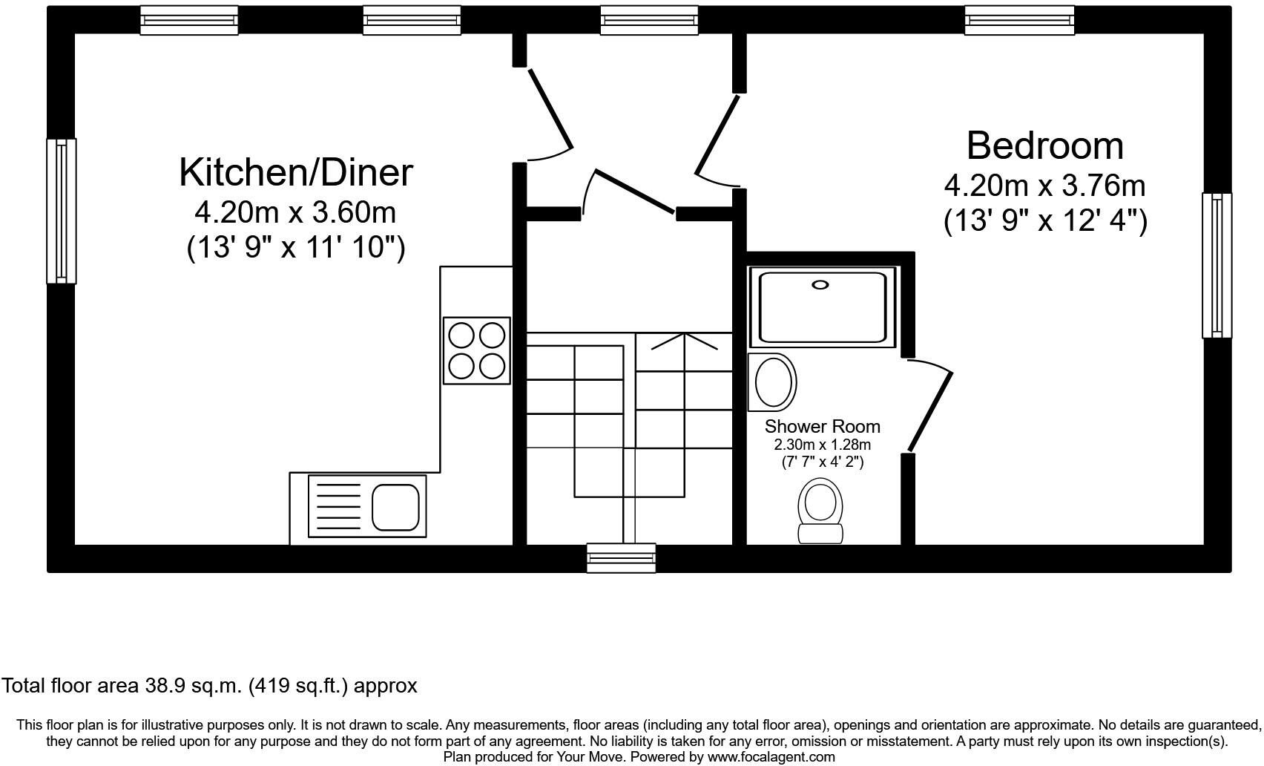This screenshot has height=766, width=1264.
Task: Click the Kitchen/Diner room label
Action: (x=295, y=172)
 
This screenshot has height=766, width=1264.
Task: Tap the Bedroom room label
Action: (x=1044, y=145)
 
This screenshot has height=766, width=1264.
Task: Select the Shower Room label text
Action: (x=822, y=426)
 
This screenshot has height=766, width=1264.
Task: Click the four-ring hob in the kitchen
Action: (x=476, y=350)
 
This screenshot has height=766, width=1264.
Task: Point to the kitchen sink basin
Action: (x=395, y=506)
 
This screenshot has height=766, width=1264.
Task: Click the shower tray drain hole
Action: (x=820, y=284)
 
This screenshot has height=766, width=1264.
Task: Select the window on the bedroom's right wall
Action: (x=1217, y=265)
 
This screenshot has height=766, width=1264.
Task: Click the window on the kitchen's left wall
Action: (x=61, y=211)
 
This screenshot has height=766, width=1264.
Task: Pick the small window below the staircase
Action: (x=621, y=557)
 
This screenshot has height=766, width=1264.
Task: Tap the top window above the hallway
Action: (x=648, y=20)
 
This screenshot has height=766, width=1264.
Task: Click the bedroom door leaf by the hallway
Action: (x=717, y=134)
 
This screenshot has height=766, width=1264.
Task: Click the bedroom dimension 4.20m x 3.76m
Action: (x=1044, y=186)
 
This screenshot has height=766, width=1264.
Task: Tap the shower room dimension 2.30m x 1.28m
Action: (x=822, y=445)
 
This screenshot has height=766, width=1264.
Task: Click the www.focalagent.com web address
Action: (x=771, y=757)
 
